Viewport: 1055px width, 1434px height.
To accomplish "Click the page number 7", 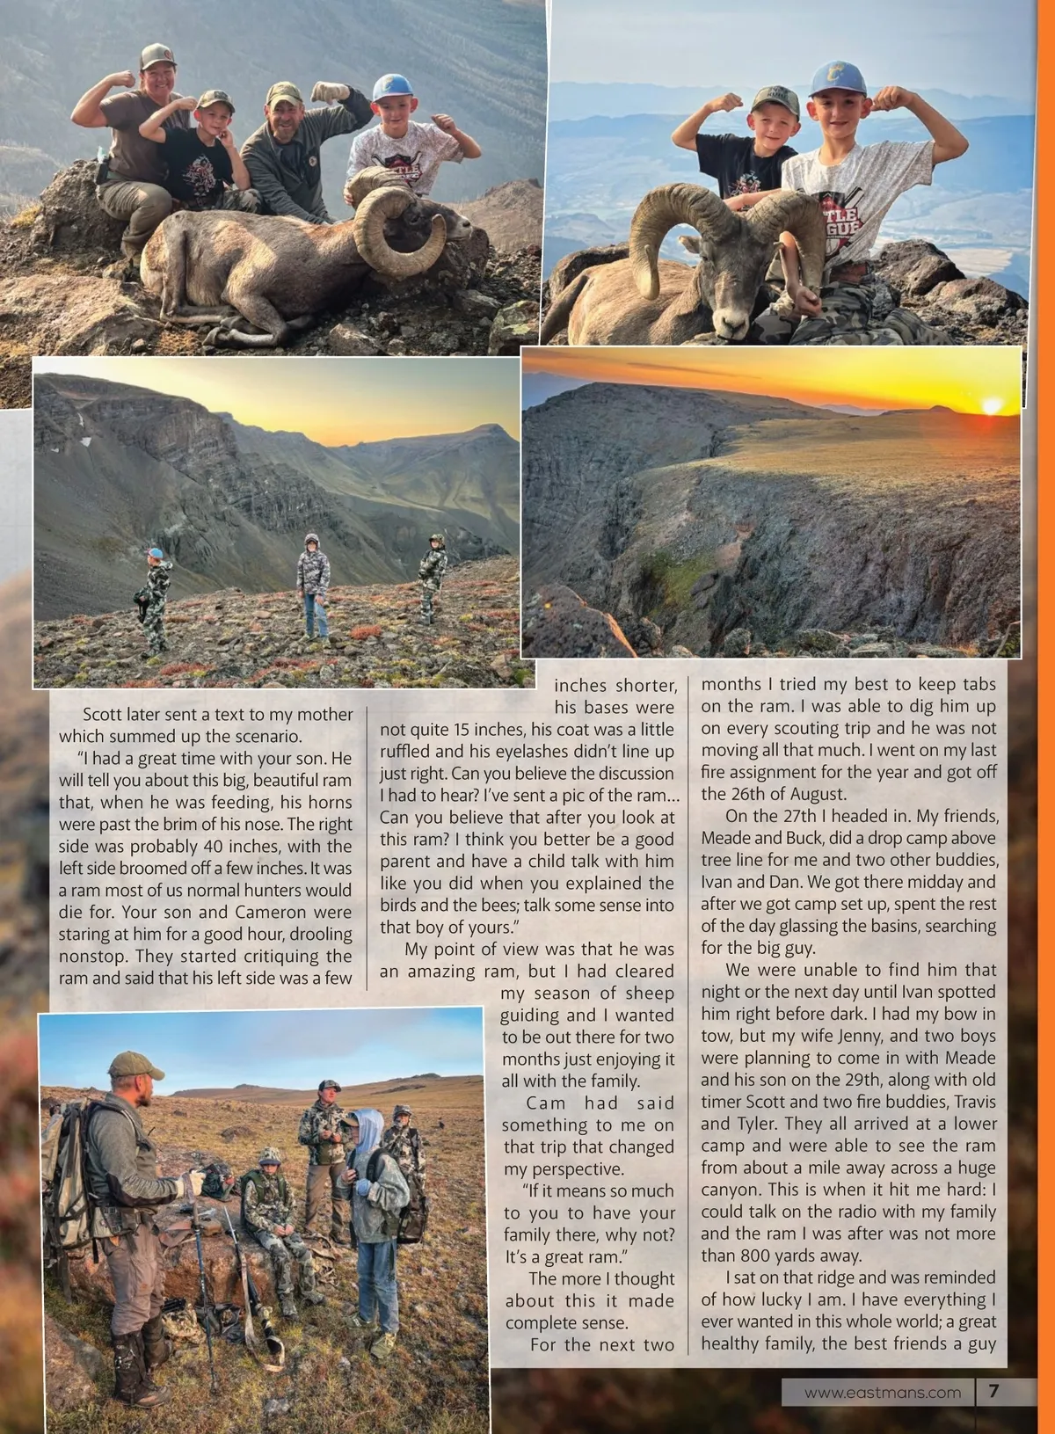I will coord(994,1391).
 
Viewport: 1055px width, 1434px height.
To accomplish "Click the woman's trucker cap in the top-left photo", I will coord(157,57).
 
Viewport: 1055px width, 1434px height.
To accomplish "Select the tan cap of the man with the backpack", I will coord(135,1065).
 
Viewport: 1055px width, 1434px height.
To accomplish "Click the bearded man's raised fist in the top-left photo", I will coord(331,92).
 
